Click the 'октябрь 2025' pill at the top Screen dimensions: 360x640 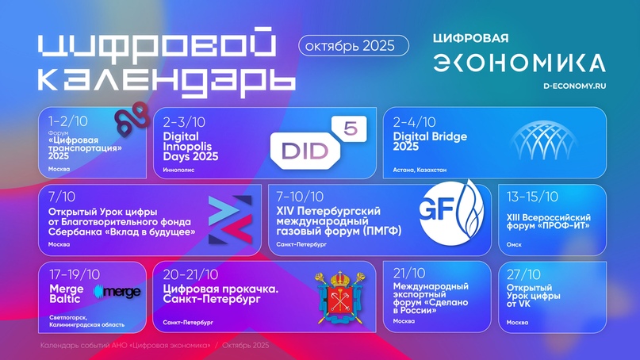click(x=354, y=46)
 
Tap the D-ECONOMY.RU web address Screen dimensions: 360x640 click(x=573, y=85)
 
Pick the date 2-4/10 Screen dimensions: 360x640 click(x=415, y=122)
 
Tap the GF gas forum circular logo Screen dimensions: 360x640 click(x=447, y=213)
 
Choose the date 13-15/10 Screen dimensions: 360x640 click(x=532, y=197)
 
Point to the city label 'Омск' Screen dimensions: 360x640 click(x=514, y=245)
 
